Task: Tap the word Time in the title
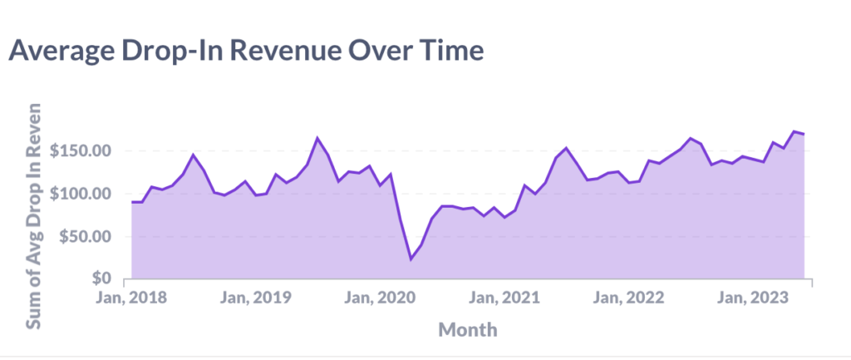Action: point(447,52)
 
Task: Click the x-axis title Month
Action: point(468,329)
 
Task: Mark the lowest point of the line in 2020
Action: point(411,259)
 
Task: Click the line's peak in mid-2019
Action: point(317,138)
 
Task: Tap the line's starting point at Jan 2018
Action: point(132,202)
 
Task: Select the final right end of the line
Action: point(804,134)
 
